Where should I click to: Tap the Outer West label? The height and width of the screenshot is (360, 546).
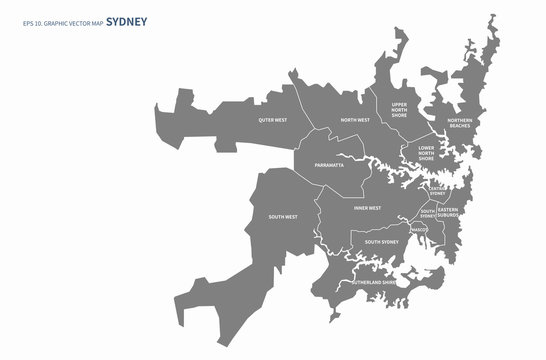click(x=272, y=120)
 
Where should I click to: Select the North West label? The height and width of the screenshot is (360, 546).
click(x=355, y=120)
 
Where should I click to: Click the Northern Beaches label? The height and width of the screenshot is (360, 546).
click(x=459, y=123)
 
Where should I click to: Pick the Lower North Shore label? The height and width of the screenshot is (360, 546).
click(x=426, y=152)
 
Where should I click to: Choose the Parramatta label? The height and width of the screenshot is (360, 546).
click(x=329, y=165)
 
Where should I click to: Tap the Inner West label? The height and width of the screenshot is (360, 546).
click(x=367, y=208)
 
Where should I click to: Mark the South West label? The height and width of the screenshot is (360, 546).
click(x=283, y=216)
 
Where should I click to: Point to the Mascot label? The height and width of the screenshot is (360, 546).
click(x=418, y=230)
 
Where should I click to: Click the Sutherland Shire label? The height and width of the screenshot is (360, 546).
click(x=373, y=283)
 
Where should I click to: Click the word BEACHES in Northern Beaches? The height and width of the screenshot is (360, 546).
click(x=459, y=126)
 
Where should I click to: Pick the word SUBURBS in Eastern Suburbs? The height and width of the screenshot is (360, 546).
click(x=447, y=215)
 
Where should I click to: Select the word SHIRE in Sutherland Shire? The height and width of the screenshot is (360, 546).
click(x=389, y=283)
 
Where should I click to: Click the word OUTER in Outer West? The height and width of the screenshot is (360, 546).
click(x=266, y=120)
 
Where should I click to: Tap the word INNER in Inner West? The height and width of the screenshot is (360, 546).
click(x=361, y=208)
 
